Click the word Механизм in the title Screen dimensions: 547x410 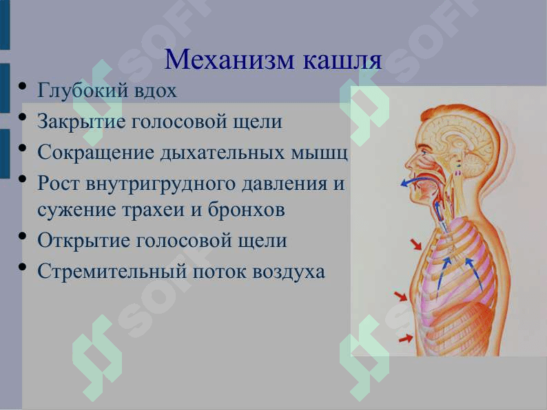(x=229, y=60)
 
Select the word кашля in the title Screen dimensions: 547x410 (x=342, y=60)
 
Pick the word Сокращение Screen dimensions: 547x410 (x=96, y=153)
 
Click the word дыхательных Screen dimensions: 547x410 (x=223, y=153)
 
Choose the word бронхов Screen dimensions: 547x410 (x=247, y=210)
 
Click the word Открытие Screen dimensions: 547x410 (x=83, y=241)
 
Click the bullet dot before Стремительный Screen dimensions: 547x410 (x=23, y=268)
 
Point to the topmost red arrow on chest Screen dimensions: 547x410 (x=416, y=244)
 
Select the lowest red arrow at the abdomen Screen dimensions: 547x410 (x=406, y=338)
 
